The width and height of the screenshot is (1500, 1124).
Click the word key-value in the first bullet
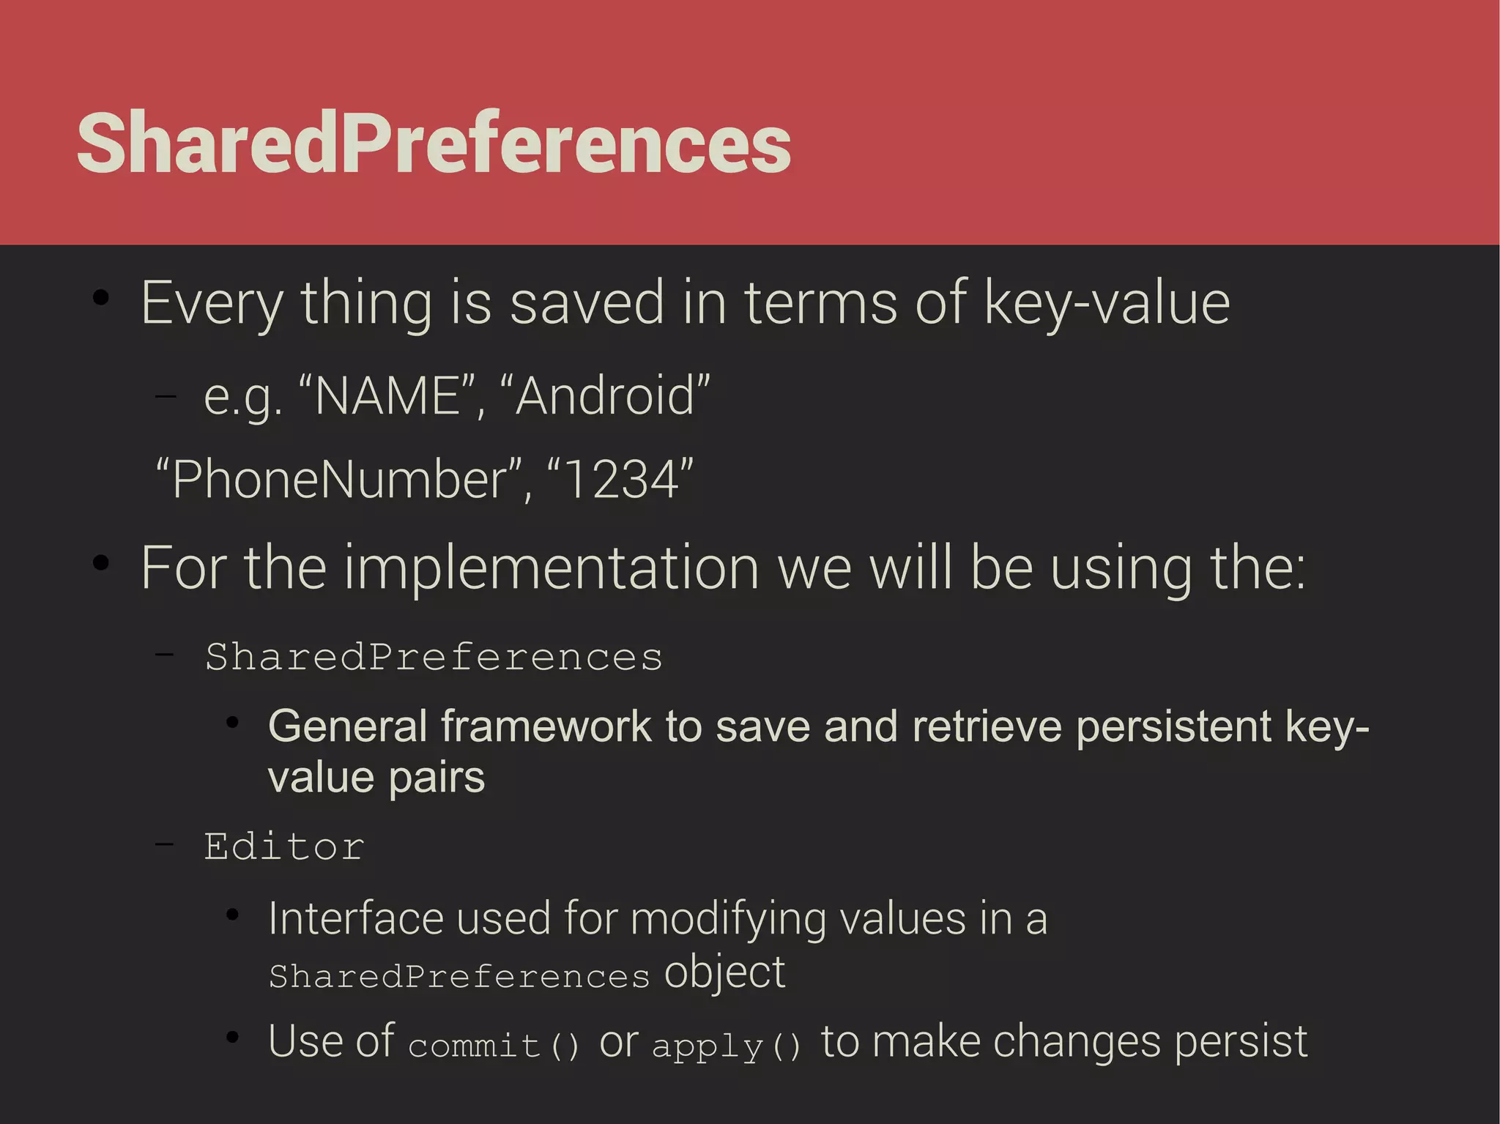(x=1106, y=302)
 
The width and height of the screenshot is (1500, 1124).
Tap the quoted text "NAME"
(x=387, y=395)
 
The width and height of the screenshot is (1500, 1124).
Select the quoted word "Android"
(x=605, y=395)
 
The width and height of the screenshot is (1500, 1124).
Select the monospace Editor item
(x=284, y=847)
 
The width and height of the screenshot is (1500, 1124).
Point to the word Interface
(x=356, y=918)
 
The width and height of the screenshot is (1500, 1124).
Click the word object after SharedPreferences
(x=724, y=972)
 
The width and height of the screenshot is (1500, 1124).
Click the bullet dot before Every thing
(x=101, y=298)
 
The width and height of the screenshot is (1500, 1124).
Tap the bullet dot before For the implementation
(x=101, y=563)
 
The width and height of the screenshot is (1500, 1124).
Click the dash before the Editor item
(x=165, y=844)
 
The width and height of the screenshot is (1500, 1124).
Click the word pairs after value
(x=437, y=778)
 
